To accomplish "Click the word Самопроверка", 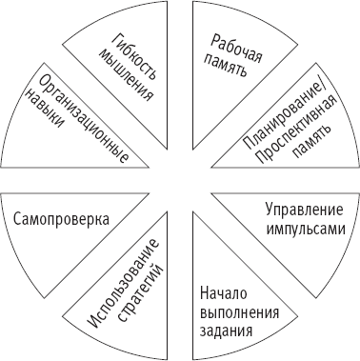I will (x=60, y=218).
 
